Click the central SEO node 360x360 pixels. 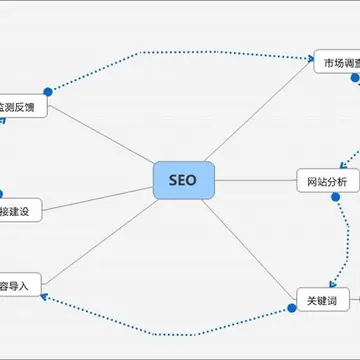coord(183,181)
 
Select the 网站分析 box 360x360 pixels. coord(326,181)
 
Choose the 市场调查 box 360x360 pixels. coord(338,63)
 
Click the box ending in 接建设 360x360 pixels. coord(20,211)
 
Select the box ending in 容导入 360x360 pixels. coord(20,285)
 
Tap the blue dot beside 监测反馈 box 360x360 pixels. coord(47,91)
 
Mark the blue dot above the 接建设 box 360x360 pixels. coord(2,193)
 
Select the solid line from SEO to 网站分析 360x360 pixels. coord(255,181)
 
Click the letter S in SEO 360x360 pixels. coord(173,181)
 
